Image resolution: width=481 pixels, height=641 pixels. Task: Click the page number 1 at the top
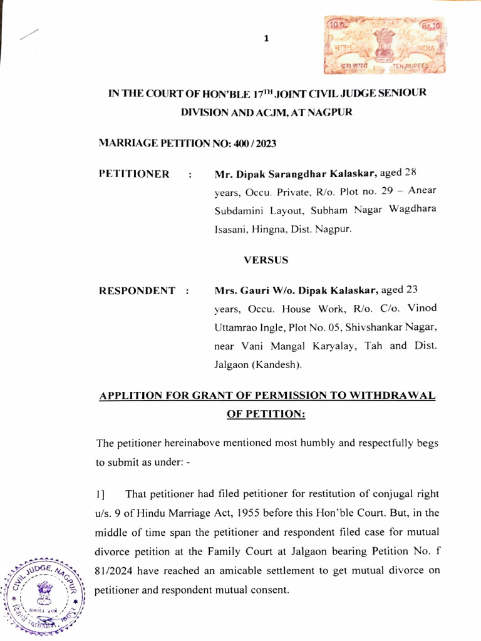266,39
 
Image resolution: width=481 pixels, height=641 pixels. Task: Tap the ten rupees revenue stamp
373,46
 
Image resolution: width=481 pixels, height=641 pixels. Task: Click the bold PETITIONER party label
134,174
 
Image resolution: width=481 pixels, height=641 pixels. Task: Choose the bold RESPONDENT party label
137,291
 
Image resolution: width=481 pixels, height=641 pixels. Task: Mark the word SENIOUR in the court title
402,93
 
